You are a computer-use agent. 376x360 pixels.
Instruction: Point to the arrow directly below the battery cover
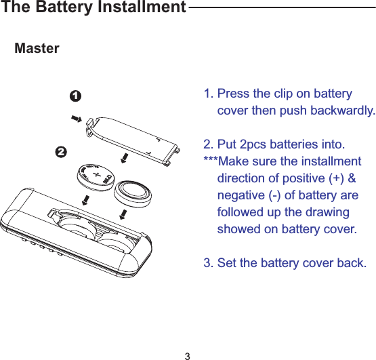(125, 159)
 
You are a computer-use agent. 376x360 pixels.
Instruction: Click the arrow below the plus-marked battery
(86, 199)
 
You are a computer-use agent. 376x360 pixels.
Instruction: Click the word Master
(37, 49)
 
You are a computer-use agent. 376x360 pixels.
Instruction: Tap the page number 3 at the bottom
(188, 354)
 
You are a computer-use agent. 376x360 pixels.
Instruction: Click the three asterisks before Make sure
(211, 162)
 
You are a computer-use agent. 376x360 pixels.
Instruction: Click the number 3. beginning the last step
(209, 262)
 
